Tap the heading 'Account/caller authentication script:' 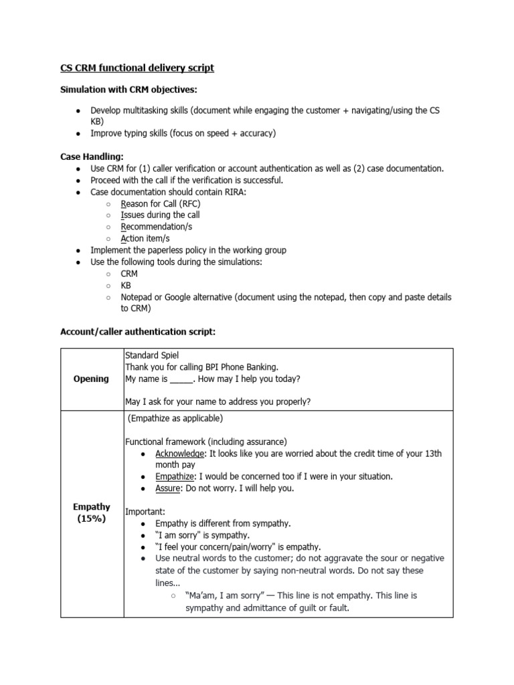click(138, 332)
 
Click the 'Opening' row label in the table click(92, 379)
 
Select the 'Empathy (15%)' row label click(92, 512)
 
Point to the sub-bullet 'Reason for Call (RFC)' click(160, 203)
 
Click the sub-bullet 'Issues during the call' click(159, 215)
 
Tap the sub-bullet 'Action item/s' click(145, 238)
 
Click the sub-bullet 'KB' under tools click(126, 285)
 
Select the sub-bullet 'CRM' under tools click(128, 274)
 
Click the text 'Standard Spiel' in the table click(152, 355)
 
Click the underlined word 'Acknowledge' click(179, 454)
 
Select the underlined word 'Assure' click(167, 488)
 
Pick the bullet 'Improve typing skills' click(183, 133)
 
